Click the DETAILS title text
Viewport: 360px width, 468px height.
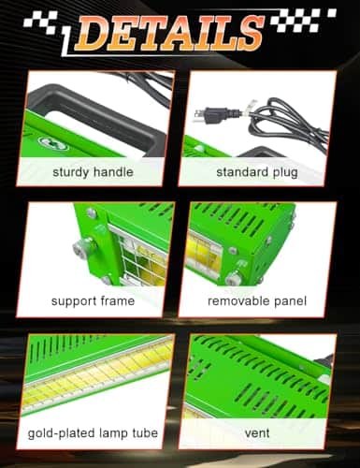point(169,34)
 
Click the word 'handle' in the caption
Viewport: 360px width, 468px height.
point(113,171)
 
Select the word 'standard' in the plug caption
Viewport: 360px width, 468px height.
point(242,172)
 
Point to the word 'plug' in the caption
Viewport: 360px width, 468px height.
point(285,173)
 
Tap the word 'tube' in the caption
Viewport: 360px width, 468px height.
point(145,433)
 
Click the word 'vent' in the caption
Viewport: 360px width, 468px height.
point(257,433)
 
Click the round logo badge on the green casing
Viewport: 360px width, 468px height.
point(54,143)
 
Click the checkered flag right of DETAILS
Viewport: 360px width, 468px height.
point(303,20)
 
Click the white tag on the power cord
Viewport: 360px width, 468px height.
point(252,109)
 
